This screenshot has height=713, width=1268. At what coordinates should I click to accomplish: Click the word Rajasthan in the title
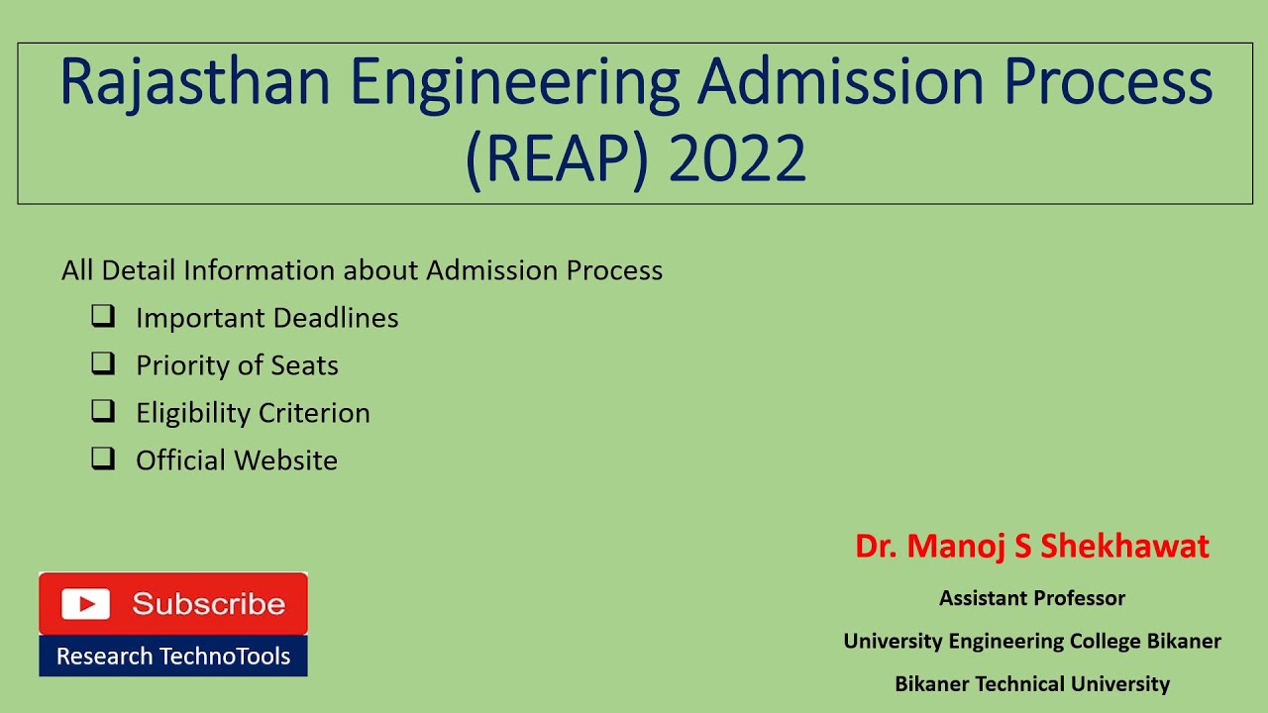(195, 84)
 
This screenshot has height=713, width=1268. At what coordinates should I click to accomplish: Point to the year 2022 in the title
(737, 159)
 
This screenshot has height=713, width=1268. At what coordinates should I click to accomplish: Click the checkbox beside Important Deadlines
(103, 317)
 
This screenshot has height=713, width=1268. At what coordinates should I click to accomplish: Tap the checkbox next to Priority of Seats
(103, 364)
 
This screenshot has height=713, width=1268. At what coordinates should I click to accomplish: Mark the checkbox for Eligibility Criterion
(103, 412)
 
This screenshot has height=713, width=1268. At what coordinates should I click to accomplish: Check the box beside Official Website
(103, 459)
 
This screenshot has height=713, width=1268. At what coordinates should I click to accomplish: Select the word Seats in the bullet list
(305, 365)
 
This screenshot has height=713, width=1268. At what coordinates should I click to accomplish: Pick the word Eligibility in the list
(193, 413)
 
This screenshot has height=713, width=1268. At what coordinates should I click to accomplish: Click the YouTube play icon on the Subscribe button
(85, 604)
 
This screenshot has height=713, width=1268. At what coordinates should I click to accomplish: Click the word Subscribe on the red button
(208, 604)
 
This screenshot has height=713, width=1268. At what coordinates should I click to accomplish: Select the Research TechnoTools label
(173, 657)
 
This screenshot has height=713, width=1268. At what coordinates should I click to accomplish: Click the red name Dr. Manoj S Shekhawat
(1032, 547)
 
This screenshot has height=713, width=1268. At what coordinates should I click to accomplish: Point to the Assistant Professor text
(1032, 598)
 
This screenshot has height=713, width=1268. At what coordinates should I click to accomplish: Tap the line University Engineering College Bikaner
(1032, 641)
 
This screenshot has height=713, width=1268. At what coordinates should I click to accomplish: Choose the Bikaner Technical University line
(1032, 683)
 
